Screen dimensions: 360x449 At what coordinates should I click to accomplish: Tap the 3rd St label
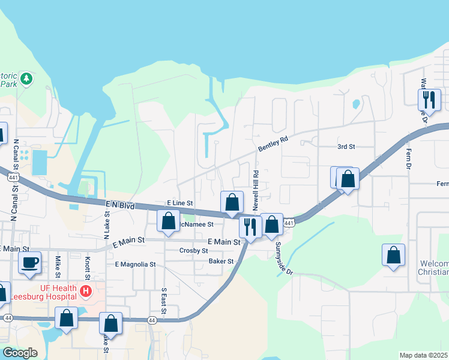point(346,146)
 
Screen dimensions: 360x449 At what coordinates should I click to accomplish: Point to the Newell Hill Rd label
point(256,190)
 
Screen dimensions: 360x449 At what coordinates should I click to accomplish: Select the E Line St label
point(179,204)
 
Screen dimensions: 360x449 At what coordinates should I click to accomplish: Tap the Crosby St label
point(193,250)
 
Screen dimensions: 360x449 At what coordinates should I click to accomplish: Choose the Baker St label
point(221,262)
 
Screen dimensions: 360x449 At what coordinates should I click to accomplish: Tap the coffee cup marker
point(29,262)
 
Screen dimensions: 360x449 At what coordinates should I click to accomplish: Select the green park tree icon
point(26,78)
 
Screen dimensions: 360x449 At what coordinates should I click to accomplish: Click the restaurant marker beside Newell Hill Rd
point(250,226)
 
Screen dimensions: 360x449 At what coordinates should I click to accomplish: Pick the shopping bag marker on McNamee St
point(169,220)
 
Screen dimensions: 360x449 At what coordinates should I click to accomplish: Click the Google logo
point(20,353)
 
